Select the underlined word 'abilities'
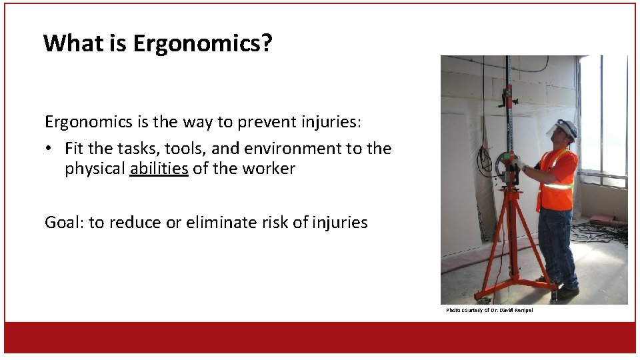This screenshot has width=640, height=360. pos(159,169)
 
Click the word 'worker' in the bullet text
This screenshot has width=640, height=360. pos(271,169)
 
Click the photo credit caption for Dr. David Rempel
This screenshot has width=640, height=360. pos(489,310)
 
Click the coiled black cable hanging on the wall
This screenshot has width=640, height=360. pos(483,160)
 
